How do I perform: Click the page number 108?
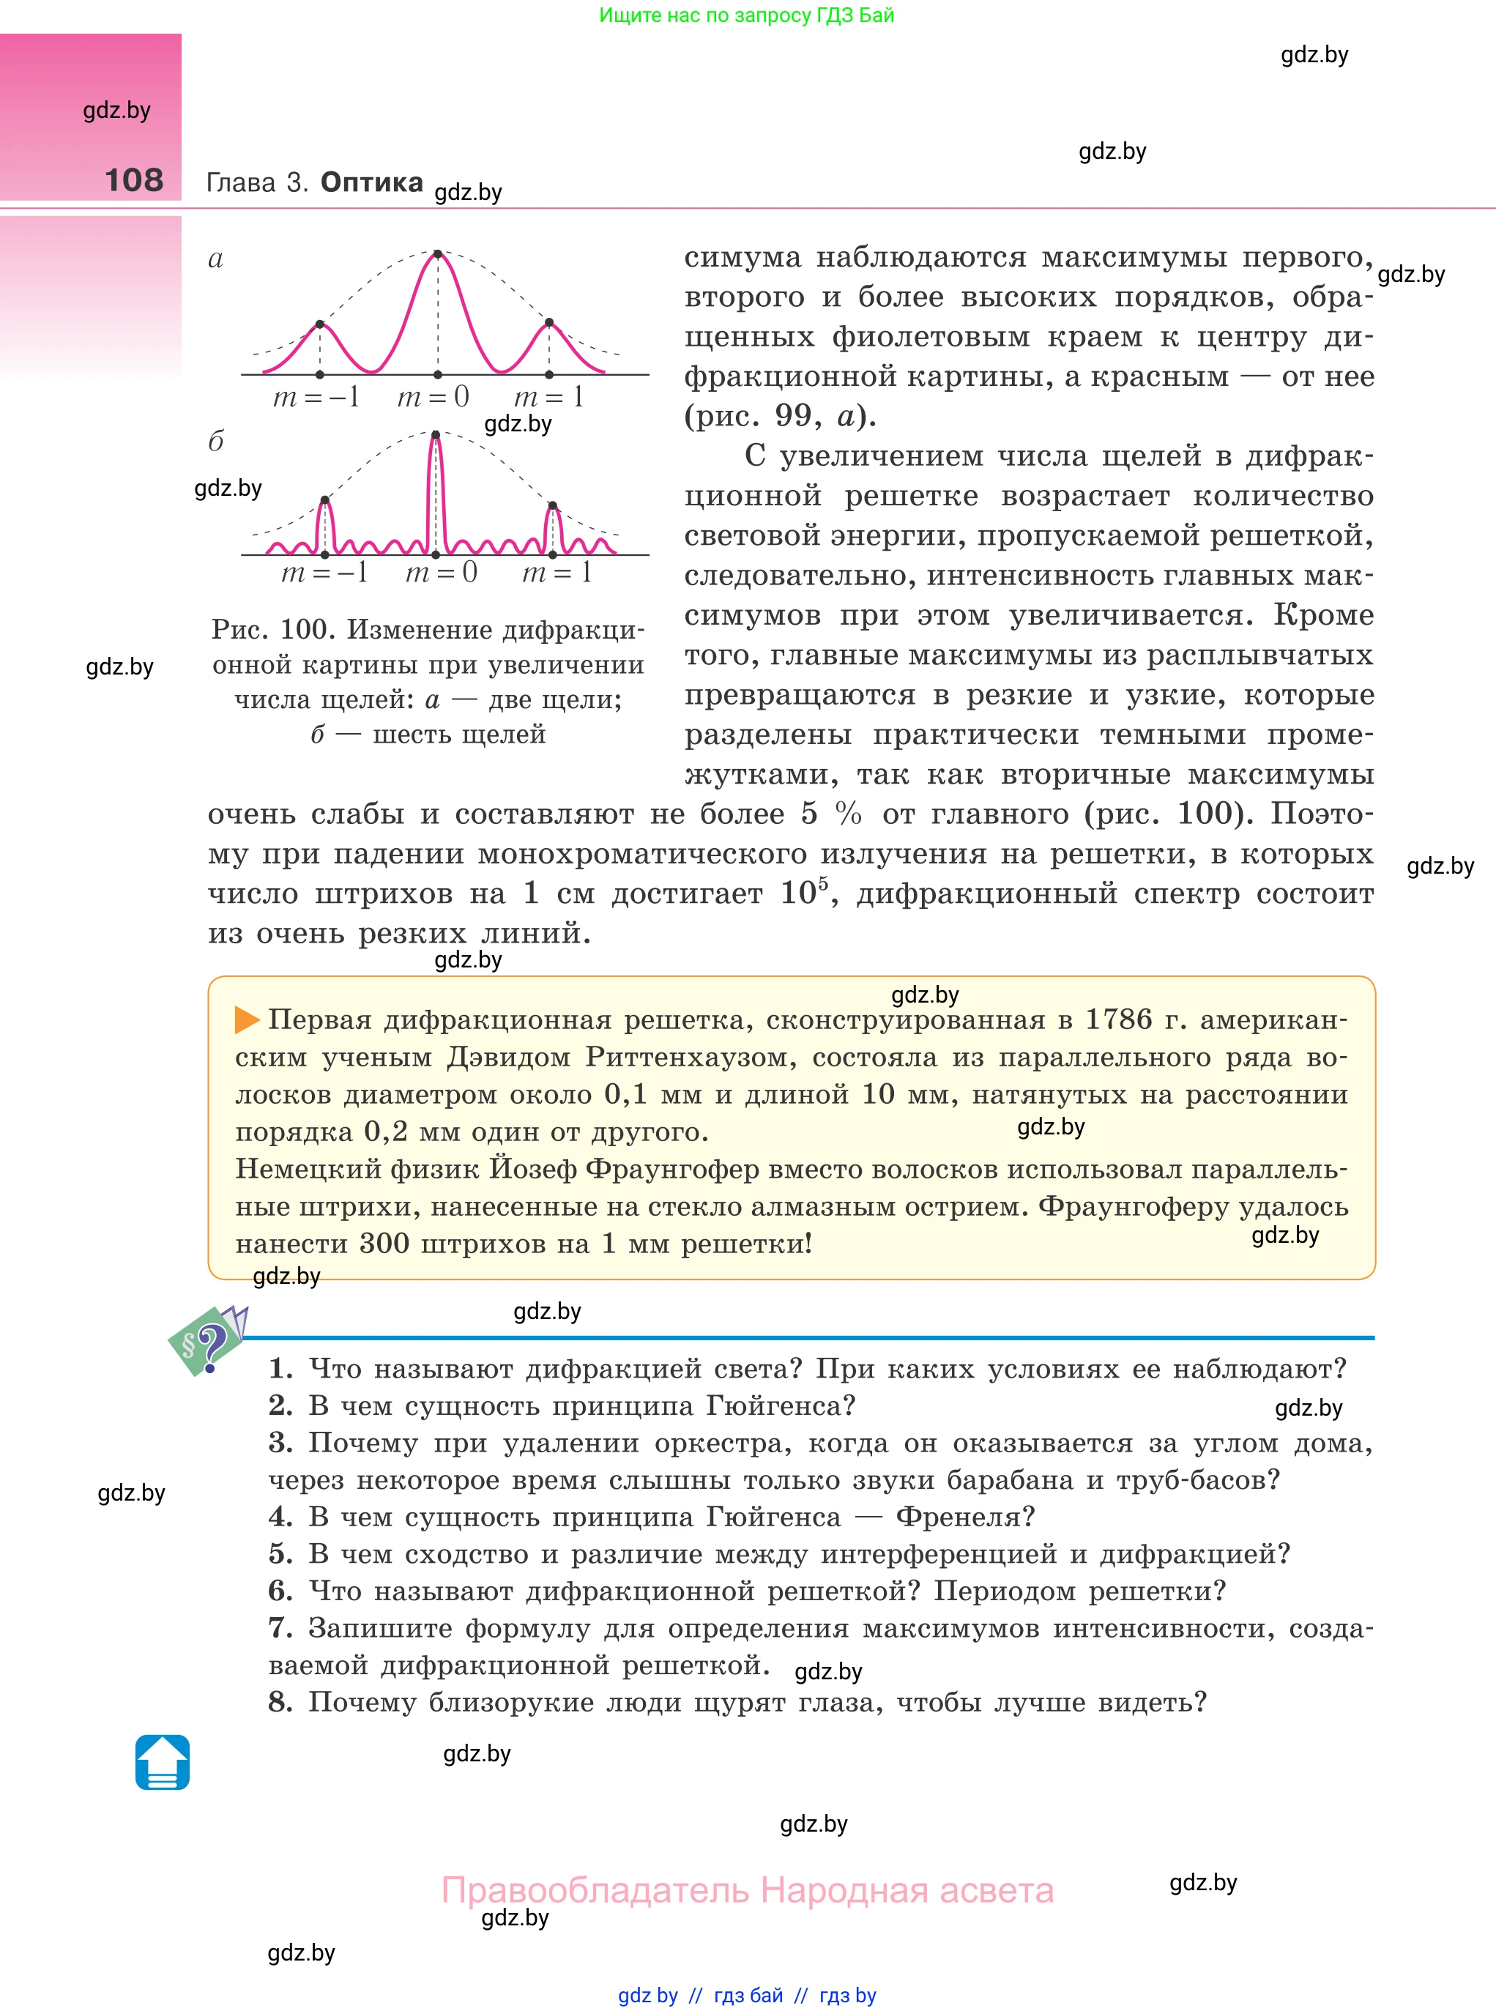(134, 180)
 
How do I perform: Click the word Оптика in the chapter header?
(371, 182)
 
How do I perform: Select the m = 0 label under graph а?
(433, 397)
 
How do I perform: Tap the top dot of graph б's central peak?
(436, 436)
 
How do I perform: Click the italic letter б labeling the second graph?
(215, 442)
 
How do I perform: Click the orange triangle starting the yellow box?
(246, 1019)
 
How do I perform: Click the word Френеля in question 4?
(964, 1517)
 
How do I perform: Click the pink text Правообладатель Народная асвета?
(747, 1890)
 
